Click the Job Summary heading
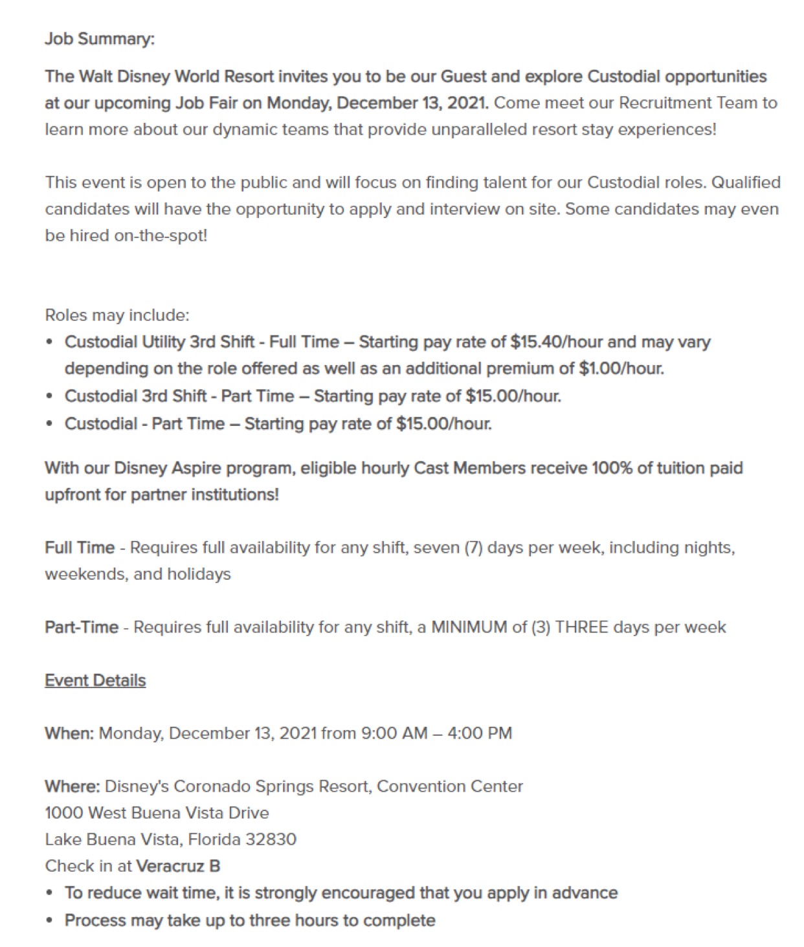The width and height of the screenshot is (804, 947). point(100,39)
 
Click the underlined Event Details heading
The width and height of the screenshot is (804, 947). point(95,680)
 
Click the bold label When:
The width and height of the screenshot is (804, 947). point(69,733)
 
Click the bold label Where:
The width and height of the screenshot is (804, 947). point(72,786)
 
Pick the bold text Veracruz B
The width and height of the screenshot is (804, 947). point(178,866)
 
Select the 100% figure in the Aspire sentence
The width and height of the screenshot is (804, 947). point(612,468)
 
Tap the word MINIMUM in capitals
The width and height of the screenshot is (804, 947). point(470,627)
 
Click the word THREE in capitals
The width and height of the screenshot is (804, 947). point(581,627)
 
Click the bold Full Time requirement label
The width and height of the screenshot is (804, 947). point(80,548)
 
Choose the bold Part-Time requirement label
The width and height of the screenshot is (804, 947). point(82,627)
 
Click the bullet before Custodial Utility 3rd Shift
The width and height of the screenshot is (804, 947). point(50,342)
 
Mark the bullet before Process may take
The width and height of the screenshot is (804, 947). point(50,920)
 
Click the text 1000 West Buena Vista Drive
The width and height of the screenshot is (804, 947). point(157,813)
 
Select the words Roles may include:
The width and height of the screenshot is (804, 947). point(117,315)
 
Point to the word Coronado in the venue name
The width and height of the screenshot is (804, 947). point(212,786)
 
